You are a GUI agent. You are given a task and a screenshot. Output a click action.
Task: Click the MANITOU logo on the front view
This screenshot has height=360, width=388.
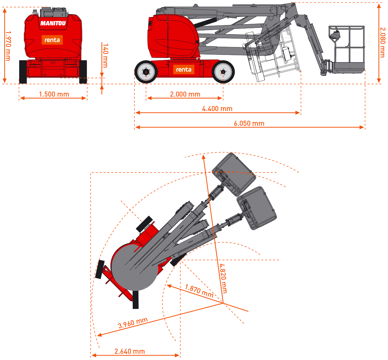53,23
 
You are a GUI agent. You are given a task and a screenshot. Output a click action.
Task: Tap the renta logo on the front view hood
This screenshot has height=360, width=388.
52,40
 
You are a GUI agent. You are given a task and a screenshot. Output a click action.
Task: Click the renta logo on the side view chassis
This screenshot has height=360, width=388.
184,70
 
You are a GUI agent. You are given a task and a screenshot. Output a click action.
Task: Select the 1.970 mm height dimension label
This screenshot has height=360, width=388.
8,46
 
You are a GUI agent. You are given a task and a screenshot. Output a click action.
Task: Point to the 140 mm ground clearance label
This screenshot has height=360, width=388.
105,56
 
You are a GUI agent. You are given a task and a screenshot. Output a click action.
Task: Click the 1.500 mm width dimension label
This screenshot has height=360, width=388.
54,94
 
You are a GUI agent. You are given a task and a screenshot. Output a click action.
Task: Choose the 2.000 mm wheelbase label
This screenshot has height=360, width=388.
185,94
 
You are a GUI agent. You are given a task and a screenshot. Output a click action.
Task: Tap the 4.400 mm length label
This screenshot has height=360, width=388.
217,109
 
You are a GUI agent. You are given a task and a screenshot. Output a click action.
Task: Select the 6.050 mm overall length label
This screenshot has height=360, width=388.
249,123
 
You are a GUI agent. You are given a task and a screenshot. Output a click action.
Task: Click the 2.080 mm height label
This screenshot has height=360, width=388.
383,42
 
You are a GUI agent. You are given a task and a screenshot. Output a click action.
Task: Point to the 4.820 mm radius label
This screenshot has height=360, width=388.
223,278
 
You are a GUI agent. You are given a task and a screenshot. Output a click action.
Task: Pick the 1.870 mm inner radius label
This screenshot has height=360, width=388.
199,291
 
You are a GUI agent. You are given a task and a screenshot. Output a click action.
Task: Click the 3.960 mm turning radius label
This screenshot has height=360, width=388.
133,323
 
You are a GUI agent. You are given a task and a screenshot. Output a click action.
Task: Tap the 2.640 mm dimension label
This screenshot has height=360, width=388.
130,352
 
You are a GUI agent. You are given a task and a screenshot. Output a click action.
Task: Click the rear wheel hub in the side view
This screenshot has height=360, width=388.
146,72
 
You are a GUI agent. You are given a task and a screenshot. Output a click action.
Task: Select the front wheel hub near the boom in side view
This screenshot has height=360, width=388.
223,72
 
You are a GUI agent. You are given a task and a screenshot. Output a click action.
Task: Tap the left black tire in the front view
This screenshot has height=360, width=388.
23,72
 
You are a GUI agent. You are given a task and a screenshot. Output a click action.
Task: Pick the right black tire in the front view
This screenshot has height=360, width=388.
83,72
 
